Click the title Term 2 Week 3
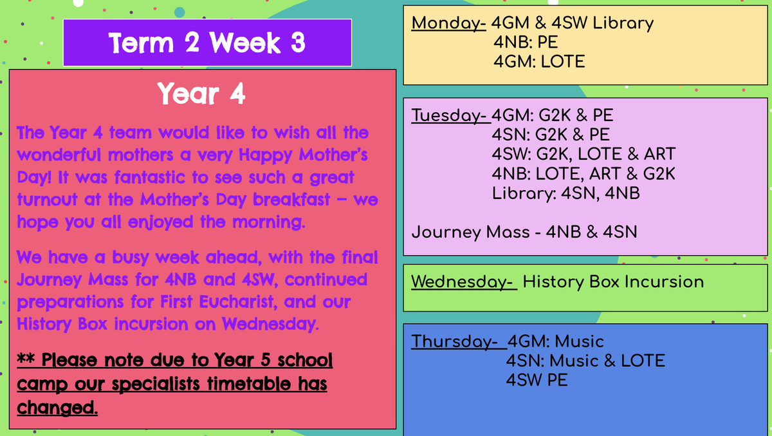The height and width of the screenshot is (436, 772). coord(207,43)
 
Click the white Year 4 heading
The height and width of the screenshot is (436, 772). coord(201,93)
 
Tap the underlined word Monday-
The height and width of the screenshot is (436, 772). coord(449,23)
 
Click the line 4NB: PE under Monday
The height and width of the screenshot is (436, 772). coord(526,43)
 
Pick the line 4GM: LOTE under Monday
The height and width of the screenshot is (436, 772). coord(539,62)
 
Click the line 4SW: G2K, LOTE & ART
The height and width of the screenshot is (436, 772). coord(584,154)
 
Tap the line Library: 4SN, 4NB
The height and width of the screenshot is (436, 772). coord(565,193)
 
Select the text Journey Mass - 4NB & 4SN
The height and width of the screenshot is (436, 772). coord(524,232)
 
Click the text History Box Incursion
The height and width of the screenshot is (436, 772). coord(613,282)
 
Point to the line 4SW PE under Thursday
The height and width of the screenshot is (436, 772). coord(537,380)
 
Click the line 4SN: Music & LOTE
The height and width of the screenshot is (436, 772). coord(585,361)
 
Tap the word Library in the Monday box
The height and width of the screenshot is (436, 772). coord(623,23)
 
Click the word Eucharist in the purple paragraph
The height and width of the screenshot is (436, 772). coord(236,302)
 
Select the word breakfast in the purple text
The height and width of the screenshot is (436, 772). coord(291,200)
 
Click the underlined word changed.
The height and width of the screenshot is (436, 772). coord(57,408)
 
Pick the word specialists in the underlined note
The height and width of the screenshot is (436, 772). coord(156,384)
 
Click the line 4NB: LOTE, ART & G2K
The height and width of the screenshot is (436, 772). coord(584,174)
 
